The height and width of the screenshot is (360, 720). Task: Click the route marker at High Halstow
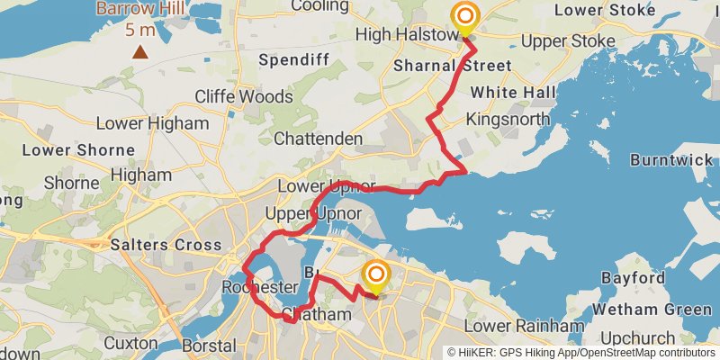[x=465, y=18]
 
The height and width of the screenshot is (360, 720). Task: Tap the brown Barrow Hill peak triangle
[x=139, y=51]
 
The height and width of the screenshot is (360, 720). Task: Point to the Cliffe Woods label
[x=244, y=96]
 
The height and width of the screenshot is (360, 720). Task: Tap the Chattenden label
[x=318, y=139]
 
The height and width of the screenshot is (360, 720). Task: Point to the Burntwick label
[x=671, y=159]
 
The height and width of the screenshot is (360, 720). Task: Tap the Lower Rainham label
[x=516, y=325]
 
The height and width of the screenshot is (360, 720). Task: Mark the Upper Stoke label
[x=566, y=40]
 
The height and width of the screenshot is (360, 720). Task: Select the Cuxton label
[x=130, y=343]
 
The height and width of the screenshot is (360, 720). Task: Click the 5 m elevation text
[x=139, y=30]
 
